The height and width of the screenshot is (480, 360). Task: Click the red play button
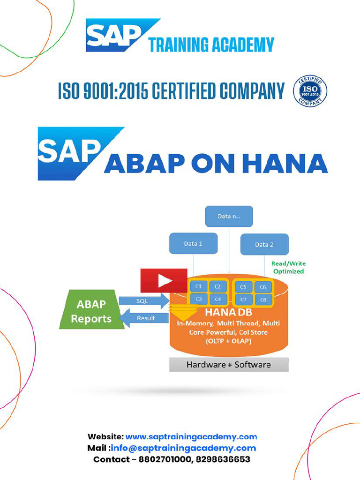(164, 281)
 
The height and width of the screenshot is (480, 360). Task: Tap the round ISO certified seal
(310, 91)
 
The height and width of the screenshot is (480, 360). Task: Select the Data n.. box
(229, 217)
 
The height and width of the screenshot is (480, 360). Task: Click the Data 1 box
(193, 244)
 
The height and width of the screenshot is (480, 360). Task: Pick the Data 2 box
(264, 244)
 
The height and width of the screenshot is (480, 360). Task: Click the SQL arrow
(143, 300)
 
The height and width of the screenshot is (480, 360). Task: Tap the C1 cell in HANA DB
(198, 286)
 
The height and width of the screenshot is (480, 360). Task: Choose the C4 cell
(217, 299)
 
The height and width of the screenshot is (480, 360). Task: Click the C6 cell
(262, 287)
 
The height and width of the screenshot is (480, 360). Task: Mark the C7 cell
(243, 300)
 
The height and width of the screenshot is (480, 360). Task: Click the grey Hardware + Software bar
(229, 364)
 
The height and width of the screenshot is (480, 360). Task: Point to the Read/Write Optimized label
(288, 268)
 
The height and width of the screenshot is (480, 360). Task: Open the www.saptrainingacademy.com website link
(191, 436)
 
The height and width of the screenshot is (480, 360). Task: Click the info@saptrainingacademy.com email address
(184, 448)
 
